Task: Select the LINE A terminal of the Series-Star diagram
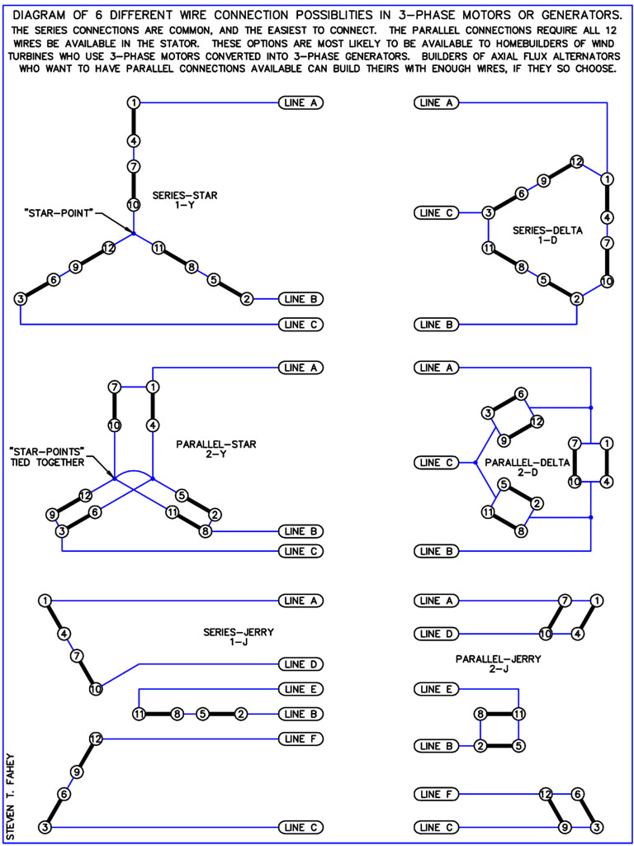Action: tap(300, 103)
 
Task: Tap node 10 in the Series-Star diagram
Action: tap(133, 204)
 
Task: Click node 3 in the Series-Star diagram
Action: tap(20, 298)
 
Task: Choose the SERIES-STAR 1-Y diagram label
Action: tap(185, 200)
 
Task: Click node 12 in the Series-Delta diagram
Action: tap(577, 162)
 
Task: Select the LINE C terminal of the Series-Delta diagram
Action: tap(436, 212)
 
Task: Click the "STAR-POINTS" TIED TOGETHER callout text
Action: tap(46, 456)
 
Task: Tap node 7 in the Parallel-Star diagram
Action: tap(115, 387)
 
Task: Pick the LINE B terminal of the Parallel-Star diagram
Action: tap(300, 531)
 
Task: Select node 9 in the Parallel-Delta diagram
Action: tap(503, 440)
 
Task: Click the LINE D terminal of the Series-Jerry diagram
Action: tap(300, 664)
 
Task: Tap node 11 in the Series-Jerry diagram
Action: tap(140, 714)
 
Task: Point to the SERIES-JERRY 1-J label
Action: tap(239, 637)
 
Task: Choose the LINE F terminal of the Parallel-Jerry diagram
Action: tap(436, 794)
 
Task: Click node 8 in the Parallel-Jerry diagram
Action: tap(480, 714)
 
